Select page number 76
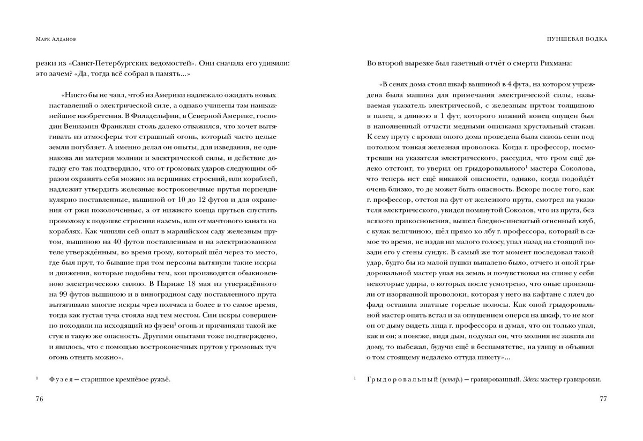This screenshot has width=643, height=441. click(x=39, y=399)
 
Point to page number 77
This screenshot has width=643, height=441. click(x=603, y=399)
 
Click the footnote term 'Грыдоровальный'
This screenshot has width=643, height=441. click(x=402, y=380)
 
